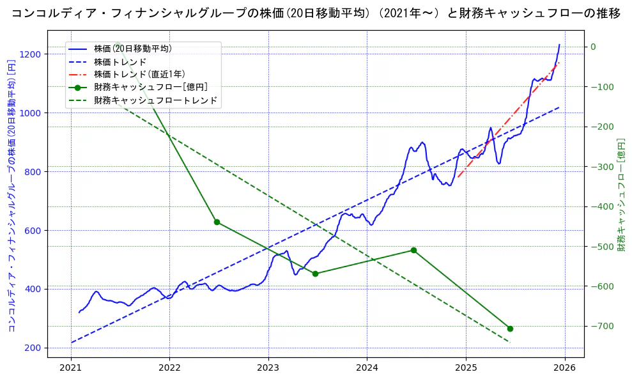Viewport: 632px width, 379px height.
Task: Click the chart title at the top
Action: point(316,13)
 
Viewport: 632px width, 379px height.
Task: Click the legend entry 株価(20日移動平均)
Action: point(132,49)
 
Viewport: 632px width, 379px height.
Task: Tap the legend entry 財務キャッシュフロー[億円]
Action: point(150,87)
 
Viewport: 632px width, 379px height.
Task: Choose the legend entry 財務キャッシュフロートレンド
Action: point(155,100)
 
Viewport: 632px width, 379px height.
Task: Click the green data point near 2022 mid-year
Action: point(217,222)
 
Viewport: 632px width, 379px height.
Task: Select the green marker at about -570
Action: point(315,274)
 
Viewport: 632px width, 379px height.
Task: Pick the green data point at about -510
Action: point(413,250)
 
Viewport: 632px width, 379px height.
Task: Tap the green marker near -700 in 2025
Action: point(510,329)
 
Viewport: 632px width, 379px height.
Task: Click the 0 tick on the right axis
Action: point(593,47)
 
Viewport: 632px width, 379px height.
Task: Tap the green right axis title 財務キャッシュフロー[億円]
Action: point(620,194)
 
